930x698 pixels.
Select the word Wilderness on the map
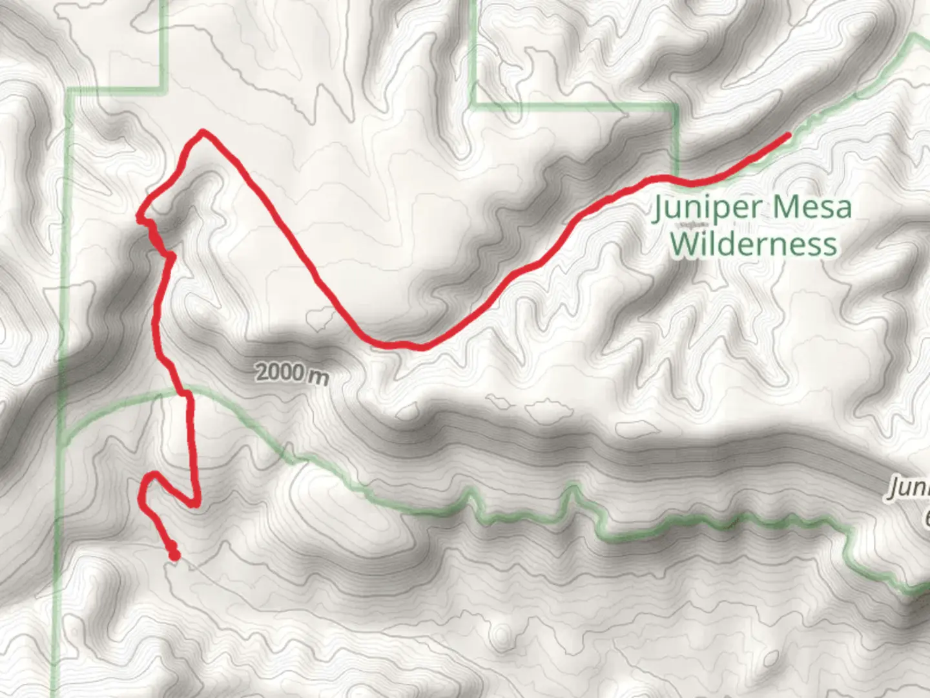pos(753,244)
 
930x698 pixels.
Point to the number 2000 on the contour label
pos(279,372)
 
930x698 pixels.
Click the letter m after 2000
pos(317,376)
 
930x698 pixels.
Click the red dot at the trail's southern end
pos(173,555)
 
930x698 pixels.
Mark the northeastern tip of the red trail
pos(787,135)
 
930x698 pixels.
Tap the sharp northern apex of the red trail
pos(203,132)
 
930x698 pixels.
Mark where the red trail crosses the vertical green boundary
pos(675,176)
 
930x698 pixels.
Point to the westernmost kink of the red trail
pos(139,218)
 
